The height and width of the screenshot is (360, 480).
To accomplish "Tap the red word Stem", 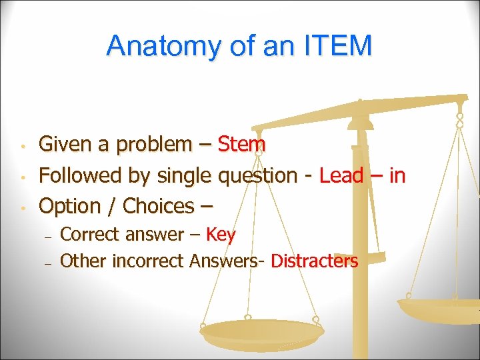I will [x=242, y=144].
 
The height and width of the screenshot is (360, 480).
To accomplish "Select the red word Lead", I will [x=341, y=175].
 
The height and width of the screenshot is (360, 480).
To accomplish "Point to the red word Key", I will [x=221, y=235].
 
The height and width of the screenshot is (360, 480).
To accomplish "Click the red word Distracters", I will [x=314, y=261].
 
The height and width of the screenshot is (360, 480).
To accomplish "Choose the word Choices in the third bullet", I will [x=158, y=206].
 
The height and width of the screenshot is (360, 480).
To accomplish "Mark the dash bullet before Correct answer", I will [x=47, y=236].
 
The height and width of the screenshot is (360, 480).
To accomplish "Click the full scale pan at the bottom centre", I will [x=261, y=332].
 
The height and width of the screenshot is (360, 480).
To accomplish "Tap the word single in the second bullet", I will [x=184, y=176].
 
